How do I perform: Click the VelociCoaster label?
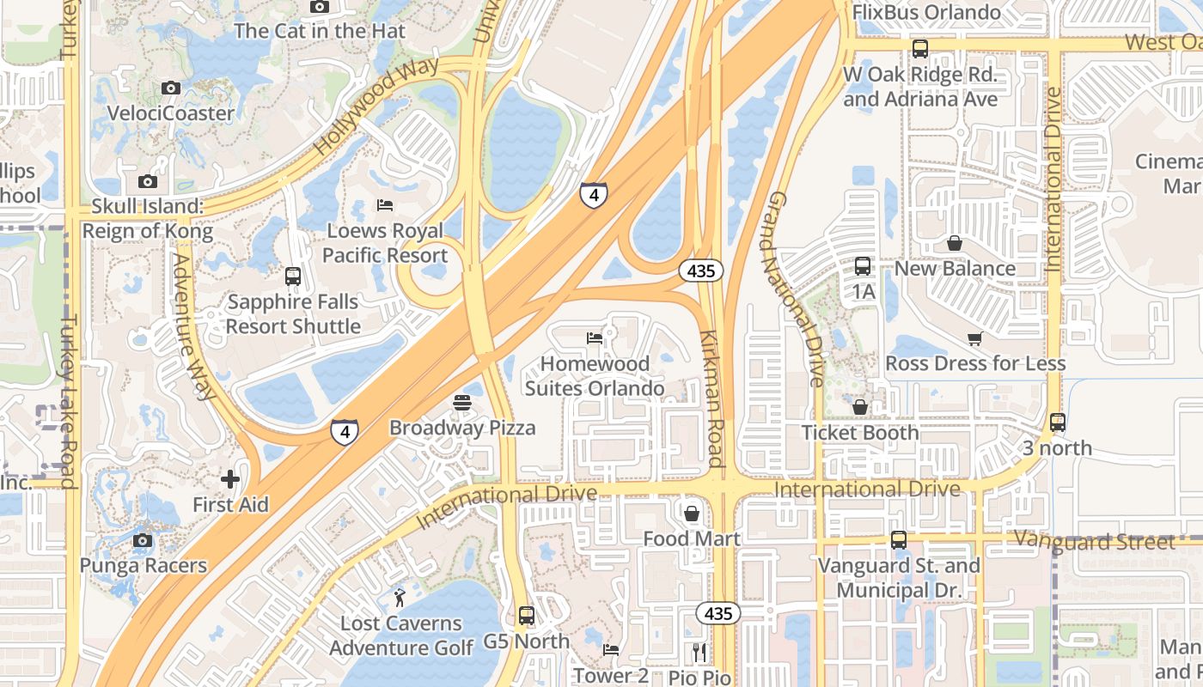(x=170, y=112)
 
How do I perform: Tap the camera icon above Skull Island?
(x=148, y=181)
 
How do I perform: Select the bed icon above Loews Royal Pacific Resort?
(x=385, y=205)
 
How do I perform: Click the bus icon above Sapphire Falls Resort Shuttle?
(x=293, y=277)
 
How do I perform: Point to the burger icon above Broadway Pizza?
(x=462, y=402)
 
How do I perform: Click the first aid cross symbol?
(x=229, y=479)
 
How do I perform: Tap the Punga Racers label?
(x=144, y=565)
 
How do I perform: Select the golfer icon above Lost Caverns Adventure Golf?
(x=400, y=598)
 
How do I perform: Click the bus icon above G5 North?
(x=527, y=616)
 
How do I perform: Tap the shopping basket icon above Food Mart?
(x=692, y=514)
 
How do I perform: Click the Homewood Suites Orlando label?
(x=595, y=376)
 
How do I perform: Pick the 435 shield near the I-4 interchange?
(x=701, y=271)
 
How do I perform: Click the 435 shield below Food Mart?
(x=718, y=613)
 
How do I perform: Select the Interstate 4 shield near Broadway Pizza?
(x=344, y=430)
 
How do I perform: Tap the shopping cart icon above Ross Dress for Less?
(x=974, y=338)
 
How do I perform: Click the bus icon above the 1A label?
(x=863, y=266)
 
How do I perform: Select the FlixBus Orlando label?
(x=926, y=13)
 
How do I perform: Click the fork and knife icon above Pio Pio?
(x=699, y=653)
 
